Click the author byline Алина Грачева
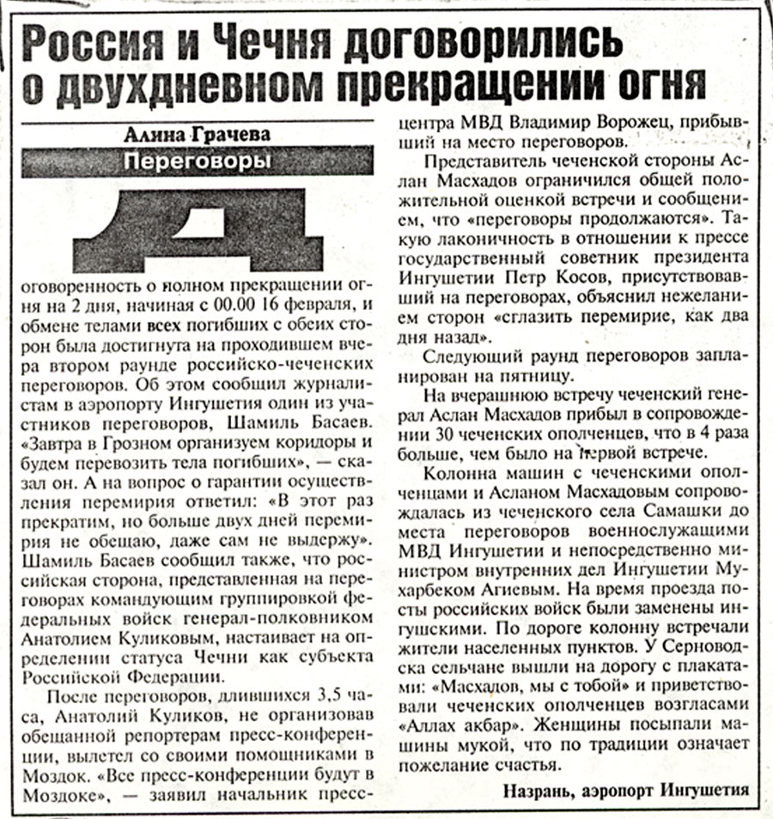[198, 135]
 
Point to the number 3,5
[315, 695]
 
